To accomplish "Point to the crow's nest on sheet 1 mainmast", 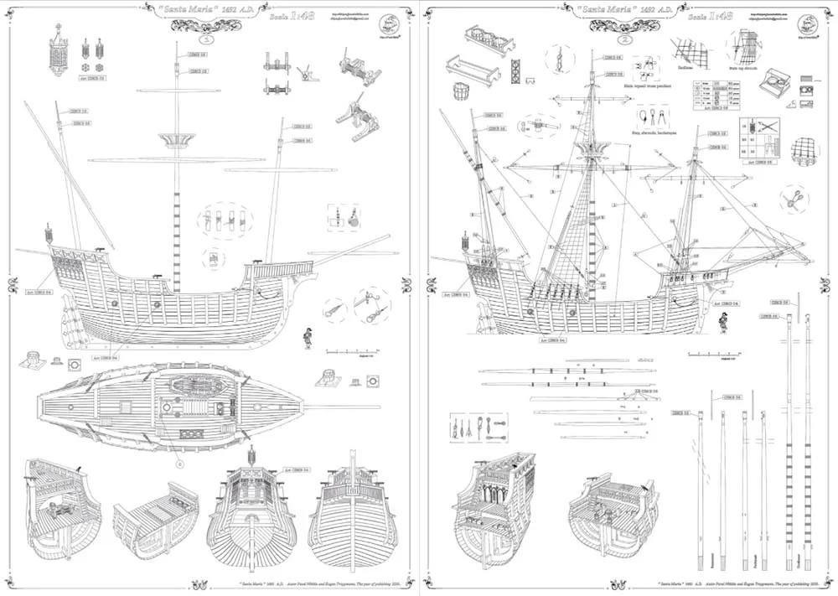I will click(x=176, y=139).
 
